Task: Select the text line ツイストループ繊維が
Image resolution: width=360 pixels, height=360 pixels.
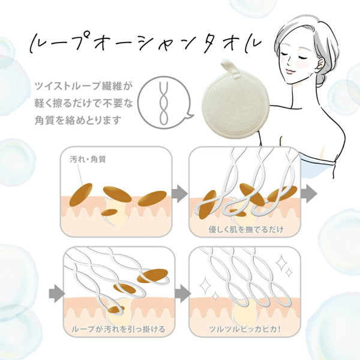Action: point(80,85)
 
